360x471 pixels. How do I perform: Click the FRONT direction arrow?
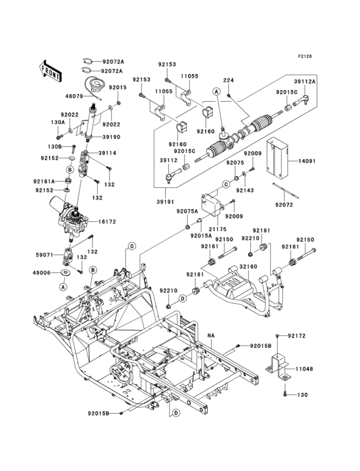pyautogui.click(x=50, y=71)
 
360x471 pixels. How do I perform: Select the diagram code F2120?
pyautogui.click(x=305, y=56)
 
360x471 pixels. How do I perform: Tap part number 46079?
pyautogui.click(x=74, y=97)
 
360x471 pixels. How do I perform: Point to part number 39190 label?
pyautogui.click(x=111, y=137)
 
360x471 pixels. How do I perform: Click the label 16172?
pyautogui.click(x=107, y=222)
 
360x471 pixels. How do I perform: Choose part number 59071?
pyautogui.click(x=44, y=255)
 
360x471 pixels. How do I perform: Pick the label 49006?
pyautogui.click(x=41, y=273)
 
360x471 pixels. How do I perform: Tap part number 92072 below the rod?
pyautogui.click(x=283, y=205)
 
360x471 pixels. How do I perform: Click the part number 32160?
pyautogui.click(x=248, y=267)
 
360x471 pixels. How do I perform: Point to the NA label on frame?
pyautogui.click(x=212, y=335)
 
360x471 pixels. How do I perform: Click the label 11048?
pyautogui.click(x=304, y=369)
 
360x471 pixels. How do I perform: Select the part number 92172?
pyautogui.click(x=297, y=336)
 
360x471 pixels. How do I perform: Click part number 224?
pyautogui.click(x=228, y=80)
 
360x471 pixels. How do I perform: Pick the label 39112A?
pyautogui.click(x=305, y=82)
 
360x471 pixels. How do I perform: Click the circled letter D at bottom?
pyautogui.click(x=176, y=412)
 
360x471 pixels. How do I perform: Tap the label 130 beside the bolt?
pyautogui.click(x=302, y=394)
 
